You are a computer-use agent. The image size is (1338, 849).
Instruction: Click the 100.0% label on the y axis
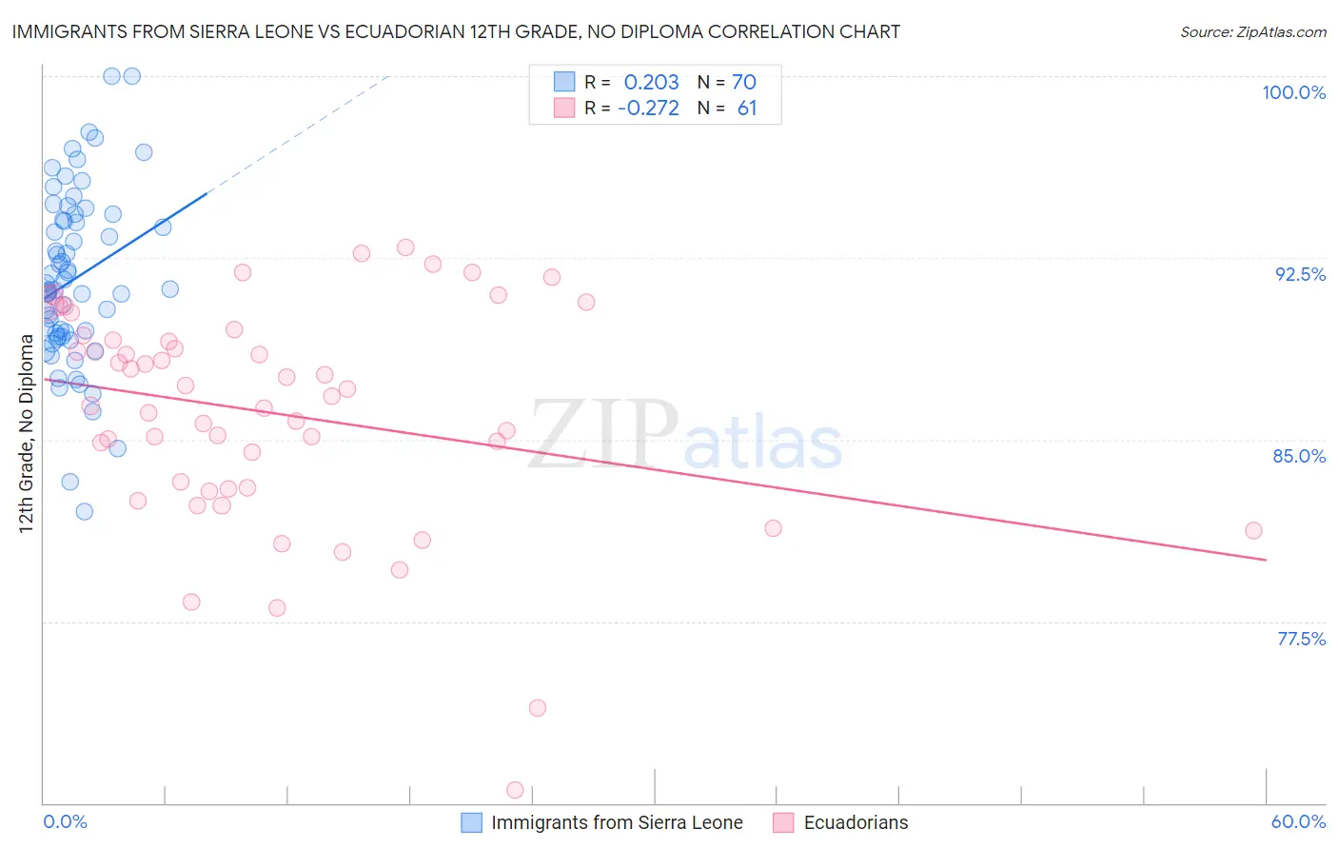point(1293,92)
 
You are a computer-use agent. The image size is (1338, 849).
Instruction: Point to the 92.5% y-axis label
point(1300,274)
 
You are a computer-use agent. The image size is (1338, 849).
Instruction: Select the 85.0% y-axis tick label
point(1299,456)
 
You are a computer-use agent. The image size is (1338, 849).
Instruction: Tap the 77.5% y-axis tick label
point(1301,639)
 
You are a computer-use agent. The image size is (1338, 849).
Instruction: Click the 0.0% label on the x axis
point(65,821)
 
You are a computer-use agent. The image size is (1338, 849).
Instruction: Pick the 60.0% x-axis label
point(1298,821)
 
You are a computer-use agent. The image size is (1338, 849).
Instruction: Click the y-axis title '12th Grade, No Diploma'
point(26,433)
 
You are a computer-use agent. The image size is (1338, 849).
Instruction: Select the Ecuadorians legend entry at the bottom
point(856,822)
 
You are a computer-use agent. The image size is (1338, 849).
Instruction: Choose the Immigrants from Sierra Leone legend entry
point(617,822)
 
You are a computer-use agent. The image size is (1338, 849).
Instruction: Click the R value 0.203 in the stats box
point(651,83)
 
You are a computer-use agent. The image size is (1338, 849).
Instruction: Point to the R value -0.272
point(648,109)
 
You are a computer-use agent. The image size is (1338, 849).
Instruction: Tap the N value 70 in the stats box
point(743,83)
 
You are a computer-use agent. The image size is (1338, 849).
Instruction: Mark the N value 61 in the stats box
point(747,109)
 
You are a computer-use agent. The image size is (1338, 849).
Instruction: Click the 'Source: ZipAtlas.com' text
point(1252,32)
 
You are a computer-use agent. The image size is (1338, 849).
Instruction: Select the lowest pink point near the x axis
point(515,790)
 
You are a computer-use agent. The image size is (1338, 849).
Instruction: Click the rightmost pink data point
point(1253,530)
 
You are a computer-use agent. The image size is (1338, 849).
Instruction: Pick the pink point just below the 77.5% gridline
point(538,708)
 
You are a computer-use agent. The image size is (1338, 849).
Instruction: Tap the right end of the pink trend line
point(1266,560)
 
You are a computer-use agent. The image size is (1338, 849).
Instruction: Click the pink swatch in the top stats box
point(564,108)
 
